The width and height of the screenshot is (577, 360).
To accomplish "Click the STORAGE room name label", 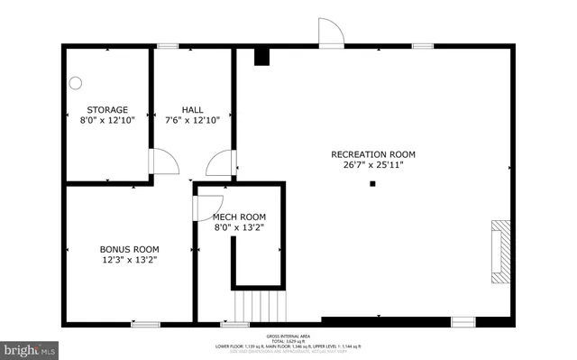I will point(107,110).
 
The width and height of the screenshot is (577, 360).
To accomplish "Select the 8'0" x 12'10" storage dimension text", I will point(107,120).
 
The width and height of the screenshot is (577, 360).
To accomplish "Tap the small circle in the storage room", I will point(76,84).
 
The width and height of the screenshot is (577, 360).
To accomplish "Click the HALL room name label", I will point(192,110).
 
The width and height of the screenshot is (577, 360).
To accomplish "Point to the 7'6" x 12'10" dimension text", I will point(192,120).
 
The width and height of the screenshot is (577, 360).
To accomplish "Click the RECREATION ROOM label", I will point(372,154).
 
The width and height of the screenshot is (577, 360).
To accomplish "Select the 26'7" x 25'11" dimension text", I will point(372,165).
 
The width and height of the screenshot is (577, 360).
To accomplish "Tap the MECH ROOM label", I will point(239,217).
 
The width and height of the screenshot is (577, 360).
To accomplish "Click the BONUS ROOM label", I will point(129,249).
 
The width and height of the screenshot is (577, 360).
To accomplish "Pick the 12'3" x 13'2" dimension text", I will point(129,260).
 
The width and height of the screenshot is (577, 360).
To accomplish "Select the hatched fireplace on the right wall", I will point(499,251).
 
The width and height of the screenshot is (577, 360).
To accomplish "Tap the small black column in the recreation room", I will point(372,184).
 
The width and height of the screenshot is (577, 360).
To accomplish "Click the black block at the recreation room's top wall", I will point(261,58).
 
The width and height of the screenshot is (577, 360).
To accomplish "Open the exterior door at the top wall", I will point(331,32).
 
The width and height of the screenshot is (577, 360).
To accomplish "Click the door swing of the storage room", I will point(163,163).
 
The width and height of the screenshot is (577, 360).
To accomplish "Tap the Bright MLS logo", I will point(30,347).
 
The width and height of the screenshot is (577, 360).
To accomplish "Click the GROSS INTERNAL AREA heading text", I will point(288,334).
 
